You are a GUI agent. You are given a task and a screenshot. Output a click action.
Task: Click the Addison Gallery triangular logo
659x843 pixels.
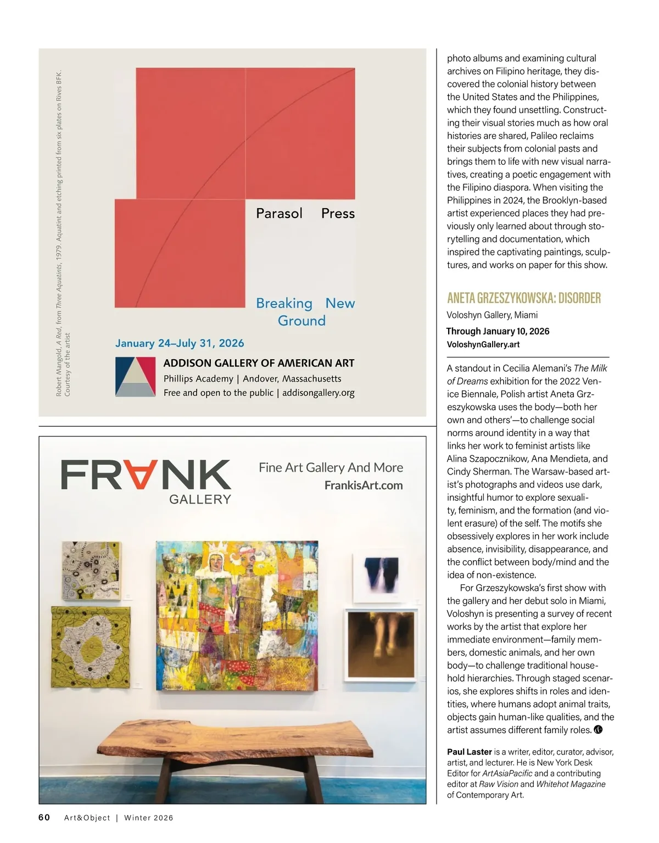tap(135, 377)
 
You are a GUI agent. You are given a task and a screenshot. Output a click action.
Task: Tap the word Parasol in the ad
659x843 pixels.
tap(279, 213)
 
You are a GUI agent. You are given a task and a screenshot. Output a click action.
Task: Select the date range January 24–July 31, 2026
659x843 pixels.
tap(180, 343)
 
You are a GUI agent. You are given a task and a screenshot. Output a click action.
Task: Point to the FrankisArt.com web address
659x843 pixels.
tap(364, 485)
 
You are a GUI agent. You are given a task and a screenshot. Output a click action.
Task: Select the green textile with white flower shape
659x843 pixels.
tap(91, 646)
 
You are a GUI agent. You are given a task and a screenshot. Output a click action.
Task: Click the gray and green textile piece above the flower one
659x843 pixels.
tap(91, 570)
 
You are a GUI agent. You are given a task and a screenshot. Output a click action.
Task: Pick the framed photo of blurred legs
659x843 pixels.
tap(382, 644)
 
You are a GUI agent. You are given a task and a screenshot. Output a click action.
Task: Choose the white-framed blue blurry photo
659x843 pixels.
tap(383, 577)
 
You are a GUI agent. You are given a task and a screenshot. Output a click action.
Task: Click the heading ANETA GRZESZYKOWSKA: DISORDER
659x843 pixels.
tap(524, 298)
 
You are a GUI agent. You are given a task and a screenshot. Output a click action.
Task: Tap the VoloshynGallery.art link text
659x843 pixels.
tap(483, 344)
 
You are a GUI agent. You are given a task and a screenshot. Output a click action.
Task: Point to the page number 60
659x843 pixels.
tap(44, 817)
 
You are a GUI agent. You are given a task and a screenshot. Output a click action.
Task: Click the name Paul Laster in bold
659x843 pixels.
tap(470, 752)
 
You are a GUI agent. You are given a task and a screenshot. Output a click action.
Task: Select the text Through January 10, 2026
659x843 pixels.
tap(498, 331)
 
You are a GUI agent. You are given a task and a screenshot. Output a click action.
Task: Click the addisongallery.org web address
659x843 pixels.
tap(319, 393)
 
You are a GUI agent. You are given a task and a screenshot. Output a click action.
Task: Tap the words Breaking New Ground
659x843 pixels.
tap(305, 311)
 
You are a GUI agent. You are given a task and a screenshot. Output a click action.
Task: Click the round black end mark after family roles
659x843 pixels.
tap(599, 730)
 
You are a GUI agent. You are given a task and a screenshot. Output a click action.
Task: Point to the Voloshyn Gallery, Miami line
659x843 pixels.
tap(492, 315)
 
